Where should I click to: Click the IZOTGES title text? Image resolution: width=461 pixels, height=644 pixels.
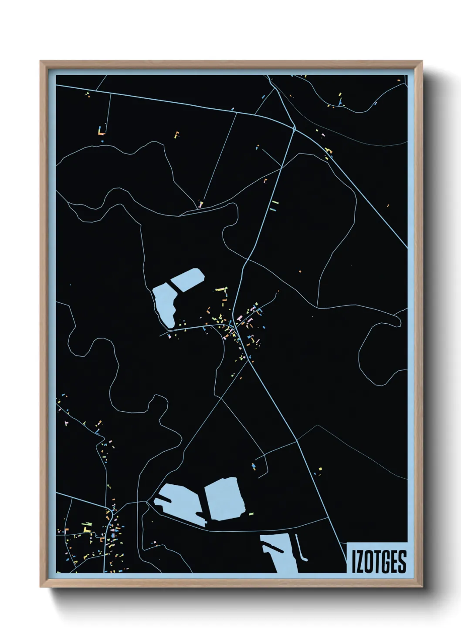(379, 561)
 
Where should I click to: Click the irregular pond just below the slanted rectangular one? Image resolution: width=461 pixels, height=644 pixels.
(165, 305)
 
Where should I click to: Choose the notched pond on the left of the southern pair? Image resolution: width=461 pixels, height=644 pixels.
(180, 504)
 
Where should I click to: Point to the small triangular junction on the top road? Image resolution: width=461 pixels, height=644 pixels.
(294, 128)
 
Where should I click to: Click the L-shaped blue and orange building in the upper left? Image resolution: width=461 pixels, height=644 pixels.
(102, 131)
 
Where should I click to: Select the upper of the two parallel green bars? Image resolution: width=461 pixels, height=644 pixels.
(274, 202)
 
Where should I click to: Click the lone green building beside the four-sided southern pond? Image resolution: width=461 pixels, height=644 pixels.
(251, 514)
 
